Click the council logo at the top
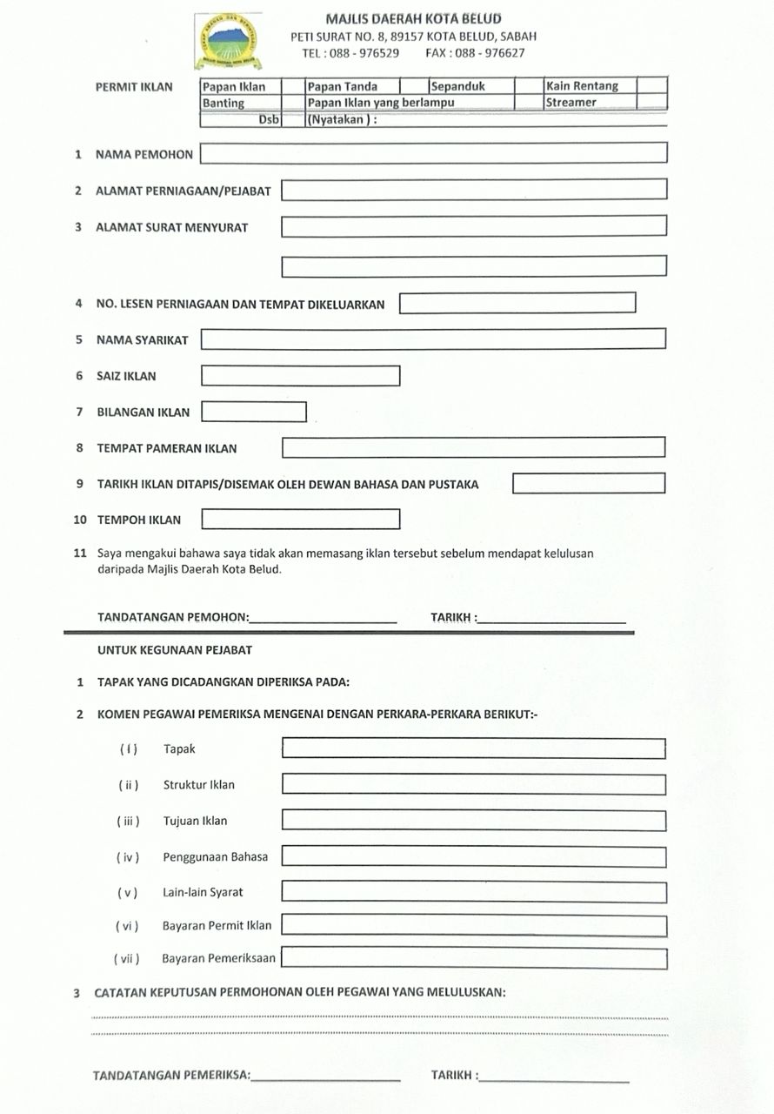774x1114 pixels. coord(226,42)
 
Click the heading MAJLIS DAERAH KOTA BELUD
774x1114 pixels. coord(413,18)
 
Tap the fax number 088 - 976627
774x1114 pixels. coord(490,53)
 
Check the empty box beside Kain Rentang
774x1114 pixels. coord(652,86)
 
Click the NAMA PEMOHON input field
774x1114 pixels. coord(433,153)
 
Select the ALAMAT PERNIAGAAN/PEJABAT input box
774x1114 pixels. coord(473,190)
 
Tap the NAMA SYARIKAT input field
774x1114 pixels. coord(433,339)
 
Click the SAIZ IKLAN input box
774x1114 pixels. coord(300,376)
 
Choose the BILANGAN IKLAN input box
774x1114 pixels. coord(253,412)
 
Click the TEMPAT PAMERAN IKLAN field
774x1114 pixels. coord(473,448)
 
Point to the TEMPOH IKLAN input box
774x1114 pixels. coord(300,520)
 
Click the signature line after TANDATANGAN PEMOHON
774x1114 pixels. coord(323,620)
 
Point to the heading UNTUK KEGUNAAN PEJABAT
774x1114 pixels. coord(175,650)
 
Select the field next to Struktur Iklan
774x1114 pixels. coord(473,784)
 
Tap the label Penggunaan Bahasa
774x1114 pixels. coord(216,856)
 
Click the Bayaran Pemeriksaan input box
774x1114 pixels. coord(473,958)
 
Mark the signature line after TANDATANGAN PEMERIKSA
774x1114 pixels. coord(325,1077)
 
